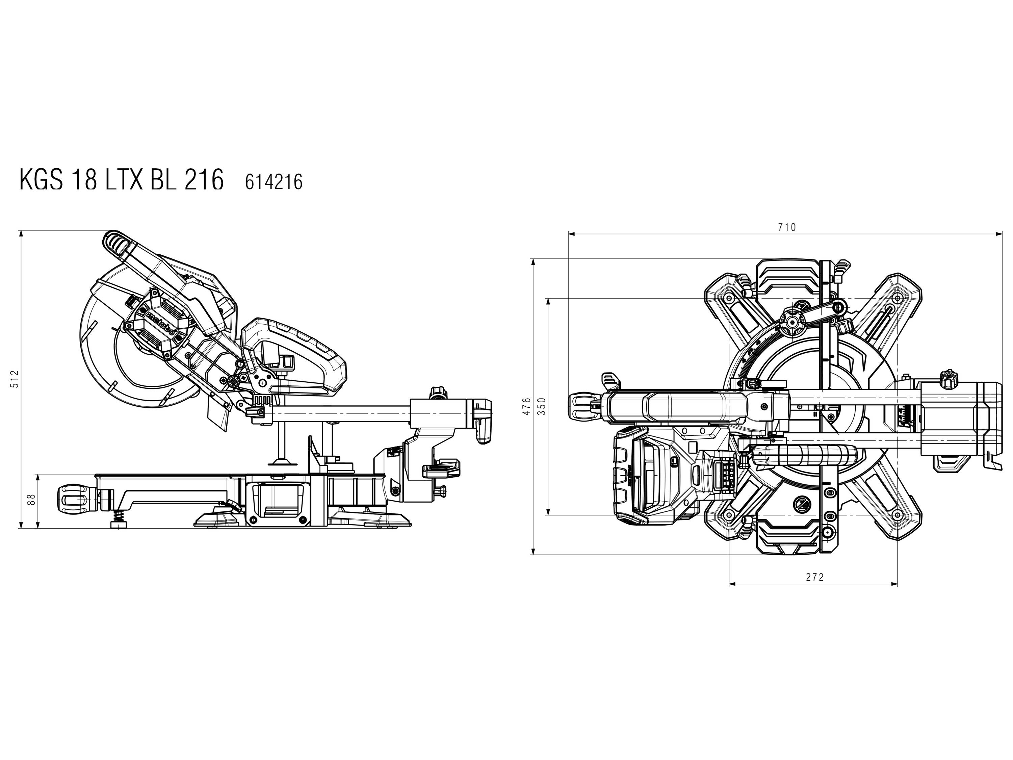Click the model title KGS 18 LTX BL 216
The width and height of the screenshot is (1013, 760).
(x=121, y=180)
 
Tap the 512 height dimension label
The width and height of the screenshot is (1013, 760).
(x=15, y=379)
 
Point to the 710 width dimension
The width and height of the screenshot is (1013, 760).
(x=787, y=227)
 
